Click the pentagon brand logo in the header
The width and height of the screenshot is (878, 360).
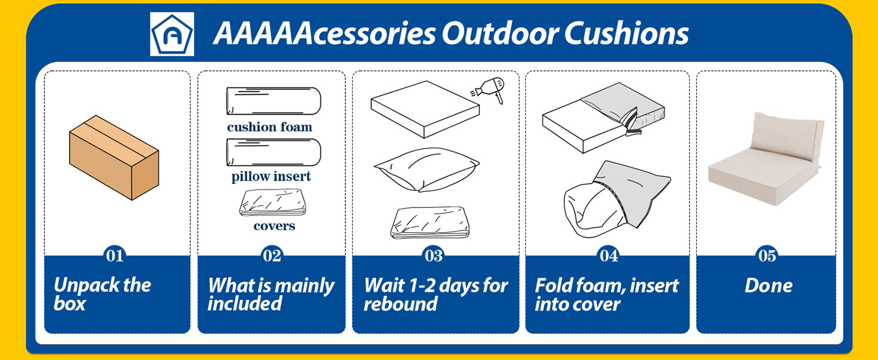[172, 34]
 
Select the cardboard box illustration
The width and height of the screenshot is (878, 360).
[114, 157]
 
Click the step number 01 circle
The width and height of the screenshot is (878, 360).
[115, 256]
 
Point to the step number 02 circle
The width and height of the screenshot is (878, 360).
[272, 256]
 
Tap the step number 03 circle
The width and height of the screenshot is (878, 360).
[434, 256]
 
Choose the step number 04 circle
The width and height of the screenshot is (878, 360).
[609, 256]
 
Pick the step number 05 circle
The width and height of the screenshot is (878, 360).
[768, 256]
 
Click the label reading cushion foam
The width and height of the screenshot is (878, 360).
[270, 127]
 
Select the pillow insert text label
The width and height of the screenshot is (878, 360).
[271, 177]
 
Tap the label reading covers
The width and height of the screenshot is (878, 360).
[274, 226]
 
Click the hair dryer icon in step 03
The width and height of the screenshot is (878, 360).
[488, 90]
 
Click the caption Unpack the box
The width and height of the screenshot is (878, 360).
[102, 294]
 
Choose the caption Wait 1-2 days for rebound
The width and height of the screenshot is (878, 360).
[435, 294]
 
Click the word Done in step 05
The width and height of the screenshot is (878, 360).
[768, 286]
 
